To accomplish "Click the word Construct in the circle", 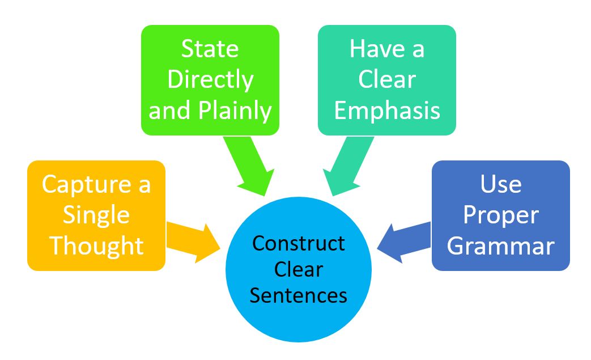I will click(299, 243).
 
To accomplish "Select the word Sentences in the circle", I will click(299, 295).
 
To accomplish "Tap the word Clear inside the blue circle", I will click(299, 269).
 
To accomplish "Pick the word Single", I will click(96, 215).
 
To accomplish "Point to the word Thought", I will click(96, 246).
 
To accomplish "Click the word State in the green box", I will click(210, 49).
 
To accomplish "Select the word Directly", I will click(210, 80).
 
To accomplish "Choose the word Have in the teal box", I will click(372, 49).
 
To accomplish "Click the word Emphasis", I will click(387, 111).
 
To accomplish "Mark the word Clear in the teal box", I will click(387, 80).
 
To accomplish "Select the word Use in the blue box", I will click(500, 184).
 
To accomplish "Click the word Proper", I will click(500, 215).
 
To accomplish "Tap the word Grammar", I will click(500, 246).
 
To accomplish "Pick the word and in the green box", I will click(169, 111).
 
